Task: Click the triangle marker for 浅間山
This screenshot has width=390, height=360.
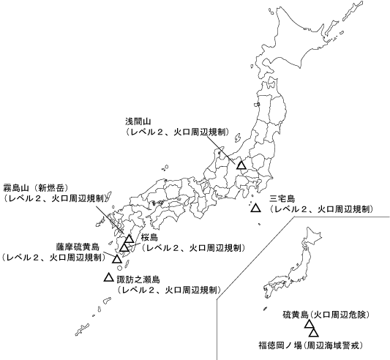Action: pyautogui.click(x=241, y=165)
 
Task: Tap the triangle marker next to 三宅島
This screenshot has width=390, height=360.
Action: pyautogui.click(x=255, y=209)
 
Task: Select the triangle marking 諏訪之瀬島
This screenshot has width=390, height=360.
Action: pyautogui.click(x=109, y=278)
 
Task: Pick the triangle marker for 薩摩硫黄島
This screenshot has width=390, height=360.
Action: pyautogui.click(x=117, y=259)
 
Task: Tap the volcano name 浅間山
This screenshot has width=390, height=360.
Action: pyautogui.click(x=137, y=121)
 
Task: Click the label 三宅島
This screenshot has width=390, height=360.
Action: pyautogui.click(x=282, y=198)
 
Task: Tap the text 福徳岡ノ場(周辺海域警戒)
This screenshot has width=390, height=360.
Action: pyautogui.click(x=310, y=344)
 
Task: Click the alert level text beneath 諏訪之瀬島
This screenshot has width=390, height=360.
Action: pyautogui.click(x=169, y=289)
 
